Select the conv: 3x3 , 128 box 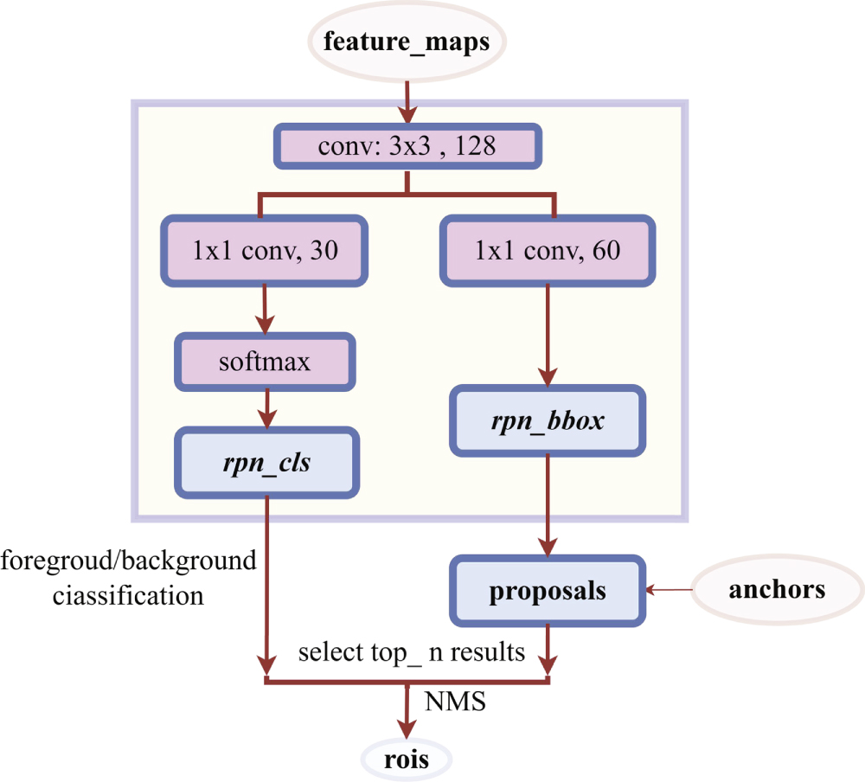[407, 145]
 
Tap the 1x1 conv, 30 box [265, 251]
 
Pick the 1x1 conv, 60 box [548, 251]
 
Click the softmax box [266, 361]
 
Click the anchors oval [777, 591]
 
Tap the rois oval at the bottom [406, 760]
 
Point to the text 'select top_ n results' [412, 652]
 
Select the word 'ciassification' [128, 595]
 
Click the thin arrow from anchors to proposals [671, 591]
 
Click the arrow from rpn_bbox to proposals [548, 506]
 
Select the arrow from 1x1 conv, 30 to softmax [265, 307]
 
